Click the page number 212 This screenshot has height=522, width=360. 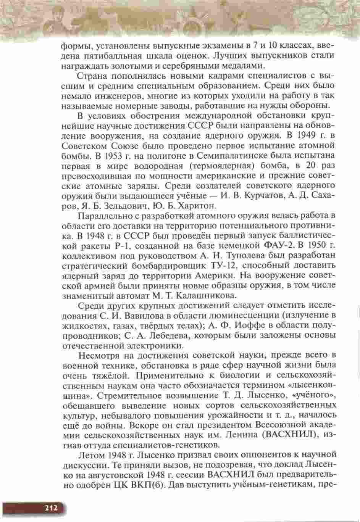tap(50, 507)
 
